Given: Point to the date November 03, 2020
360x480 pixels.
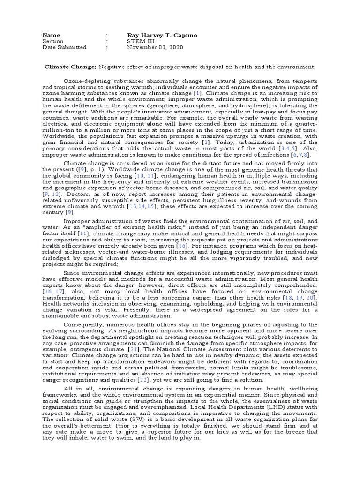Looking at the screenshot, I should click(156, 47).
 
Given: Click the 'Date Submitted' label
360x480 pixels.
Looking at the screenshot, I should click(64, 47).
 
